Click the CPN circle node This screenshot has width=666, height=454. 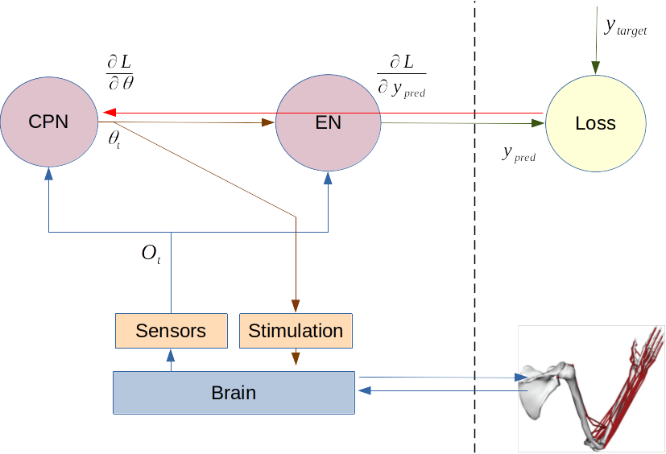(x=48, y=122)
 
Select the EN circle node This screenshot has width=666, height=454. (x=328, y=122)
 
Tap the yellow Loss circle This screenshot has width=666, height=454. (x=595, y=124)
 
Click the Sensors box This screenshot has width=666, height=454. (x=171, y=331)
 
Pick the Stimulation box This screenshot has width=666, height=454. (x=296, y=331)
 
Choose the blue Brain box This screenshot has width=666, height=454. (x=234, y=393)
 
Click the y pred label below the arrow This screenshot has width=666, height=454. (x=518, y=154)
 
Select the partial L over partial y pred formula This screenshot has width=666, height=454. (x=401, y=76)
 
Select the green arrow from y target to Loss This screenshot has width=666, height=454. (x=595, y=40)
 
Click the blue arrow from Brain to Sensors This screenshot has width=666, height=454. (x=170, y=360)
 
